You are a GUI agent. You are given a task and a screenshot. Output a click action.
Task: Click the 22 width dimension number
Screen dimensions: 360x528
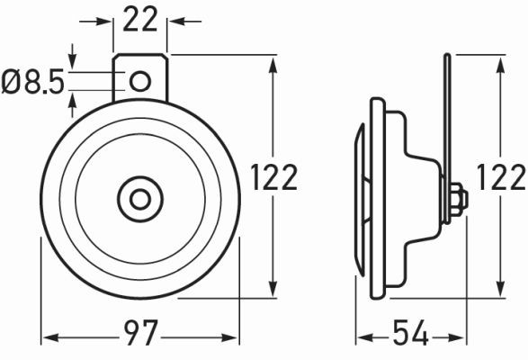(x=140, y=19)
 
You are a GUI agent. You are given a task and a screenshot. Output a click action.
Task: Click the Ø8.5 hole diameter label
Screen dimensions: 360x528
(x=33, y=83)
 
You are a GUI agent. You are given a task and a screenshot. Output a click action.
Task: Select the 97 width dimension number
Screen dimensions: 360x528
(x=139, y=337)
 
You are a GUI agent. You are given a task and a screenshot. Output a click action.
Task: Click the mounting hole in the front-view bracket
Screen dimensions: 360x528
(x=139, y=82)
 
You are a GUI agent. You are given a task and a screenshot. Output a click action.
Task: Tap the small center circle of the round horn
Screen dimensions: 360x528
(x=139, y=197)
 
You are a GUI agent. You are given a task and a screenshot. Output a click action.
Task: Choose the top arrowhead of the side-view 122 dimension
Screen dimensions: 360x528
(x=499, y=60)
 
